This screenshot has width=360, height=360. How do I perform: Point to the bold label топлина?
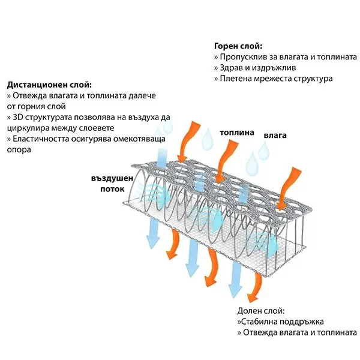coord(236,133)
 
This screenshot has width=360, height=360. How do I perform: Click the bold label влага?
coord(275,136)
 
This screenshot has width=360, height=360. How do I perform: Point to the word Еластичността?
coord(38,139)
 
